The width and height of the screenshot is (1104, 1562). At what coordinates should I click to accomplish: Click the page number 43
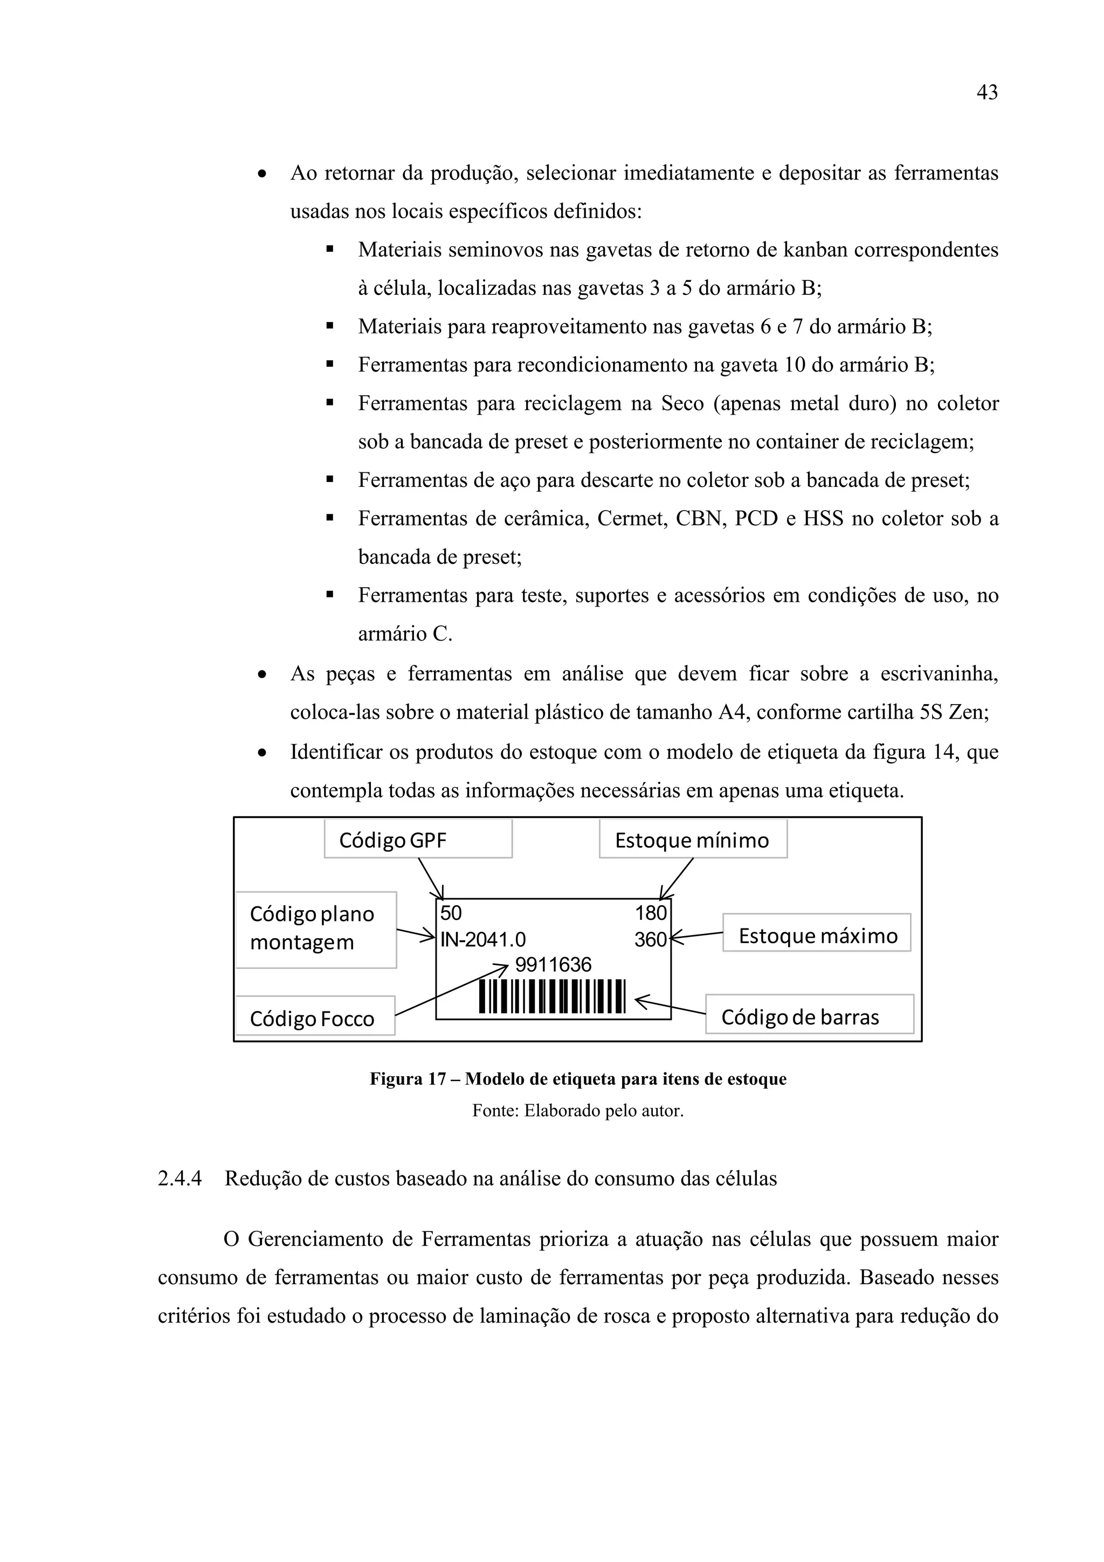[x=986, y=93]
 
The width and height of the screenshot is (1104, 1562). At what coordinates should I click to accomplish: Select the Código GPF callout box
[x=418, y=840]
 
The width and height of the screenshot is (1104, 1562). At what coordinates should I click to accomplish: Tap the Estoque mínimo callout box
[x=693, y=840]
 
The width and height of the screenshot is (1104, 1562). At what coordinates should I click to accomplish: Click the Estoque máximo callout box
[x=816, y=935]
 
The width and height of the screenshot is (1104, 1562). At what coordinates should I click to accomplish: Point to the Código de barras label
[x=809, y=1016]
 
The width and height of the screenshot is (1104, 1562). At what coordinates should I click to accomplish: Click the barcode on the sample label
[x=551, y=996]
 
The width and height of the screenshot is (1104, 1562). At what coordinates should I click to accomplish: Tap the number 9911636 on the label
[x=553, y=965]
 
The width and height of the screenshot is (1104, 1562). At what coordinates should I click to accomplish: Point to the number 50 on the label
[x=450, y=913]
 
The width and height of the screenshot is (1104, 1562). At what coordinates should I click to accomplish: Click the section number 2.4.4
[x=180, y=1178]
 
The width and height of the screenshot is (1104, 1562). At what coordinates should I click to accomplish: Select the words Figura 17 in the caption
[x=408, y=1079]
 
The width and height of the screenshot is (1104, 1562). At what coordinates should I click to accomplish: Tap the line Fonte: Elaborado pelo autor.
[x=577, y=1111]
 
